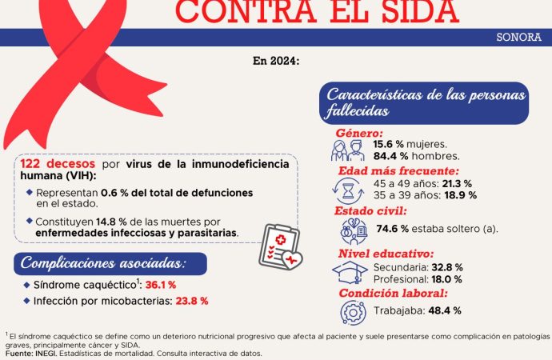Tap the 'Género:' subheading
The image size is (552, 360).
tap(358, 133)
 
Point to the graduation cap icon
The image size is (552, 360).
tap(349, 273)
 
